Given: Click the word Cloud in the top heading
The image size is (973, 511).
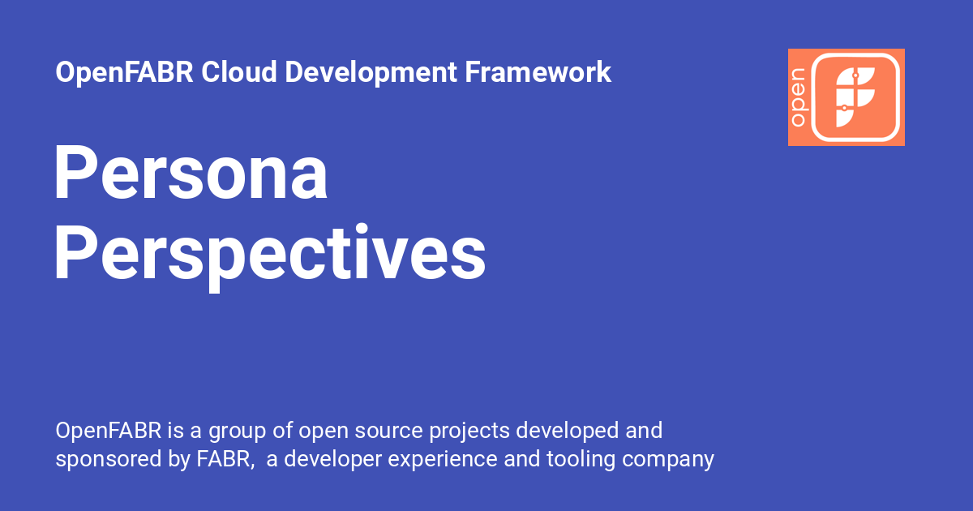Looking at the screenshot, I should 240,72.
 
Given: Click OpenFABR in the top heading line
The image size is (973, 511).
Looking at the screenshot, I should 125,72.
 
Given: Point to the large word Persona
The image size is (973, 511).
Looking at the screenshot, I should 191,174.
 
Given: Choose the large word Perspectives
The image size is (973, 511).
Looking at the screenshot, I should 270,254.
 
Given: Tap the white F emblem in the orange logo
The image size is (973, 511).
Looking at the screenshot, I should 855,97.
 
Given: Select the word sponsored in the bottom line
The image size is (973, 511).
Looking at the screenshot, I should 107,459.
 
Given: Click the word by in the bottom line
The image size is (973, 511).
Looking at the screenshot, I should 179,459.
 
